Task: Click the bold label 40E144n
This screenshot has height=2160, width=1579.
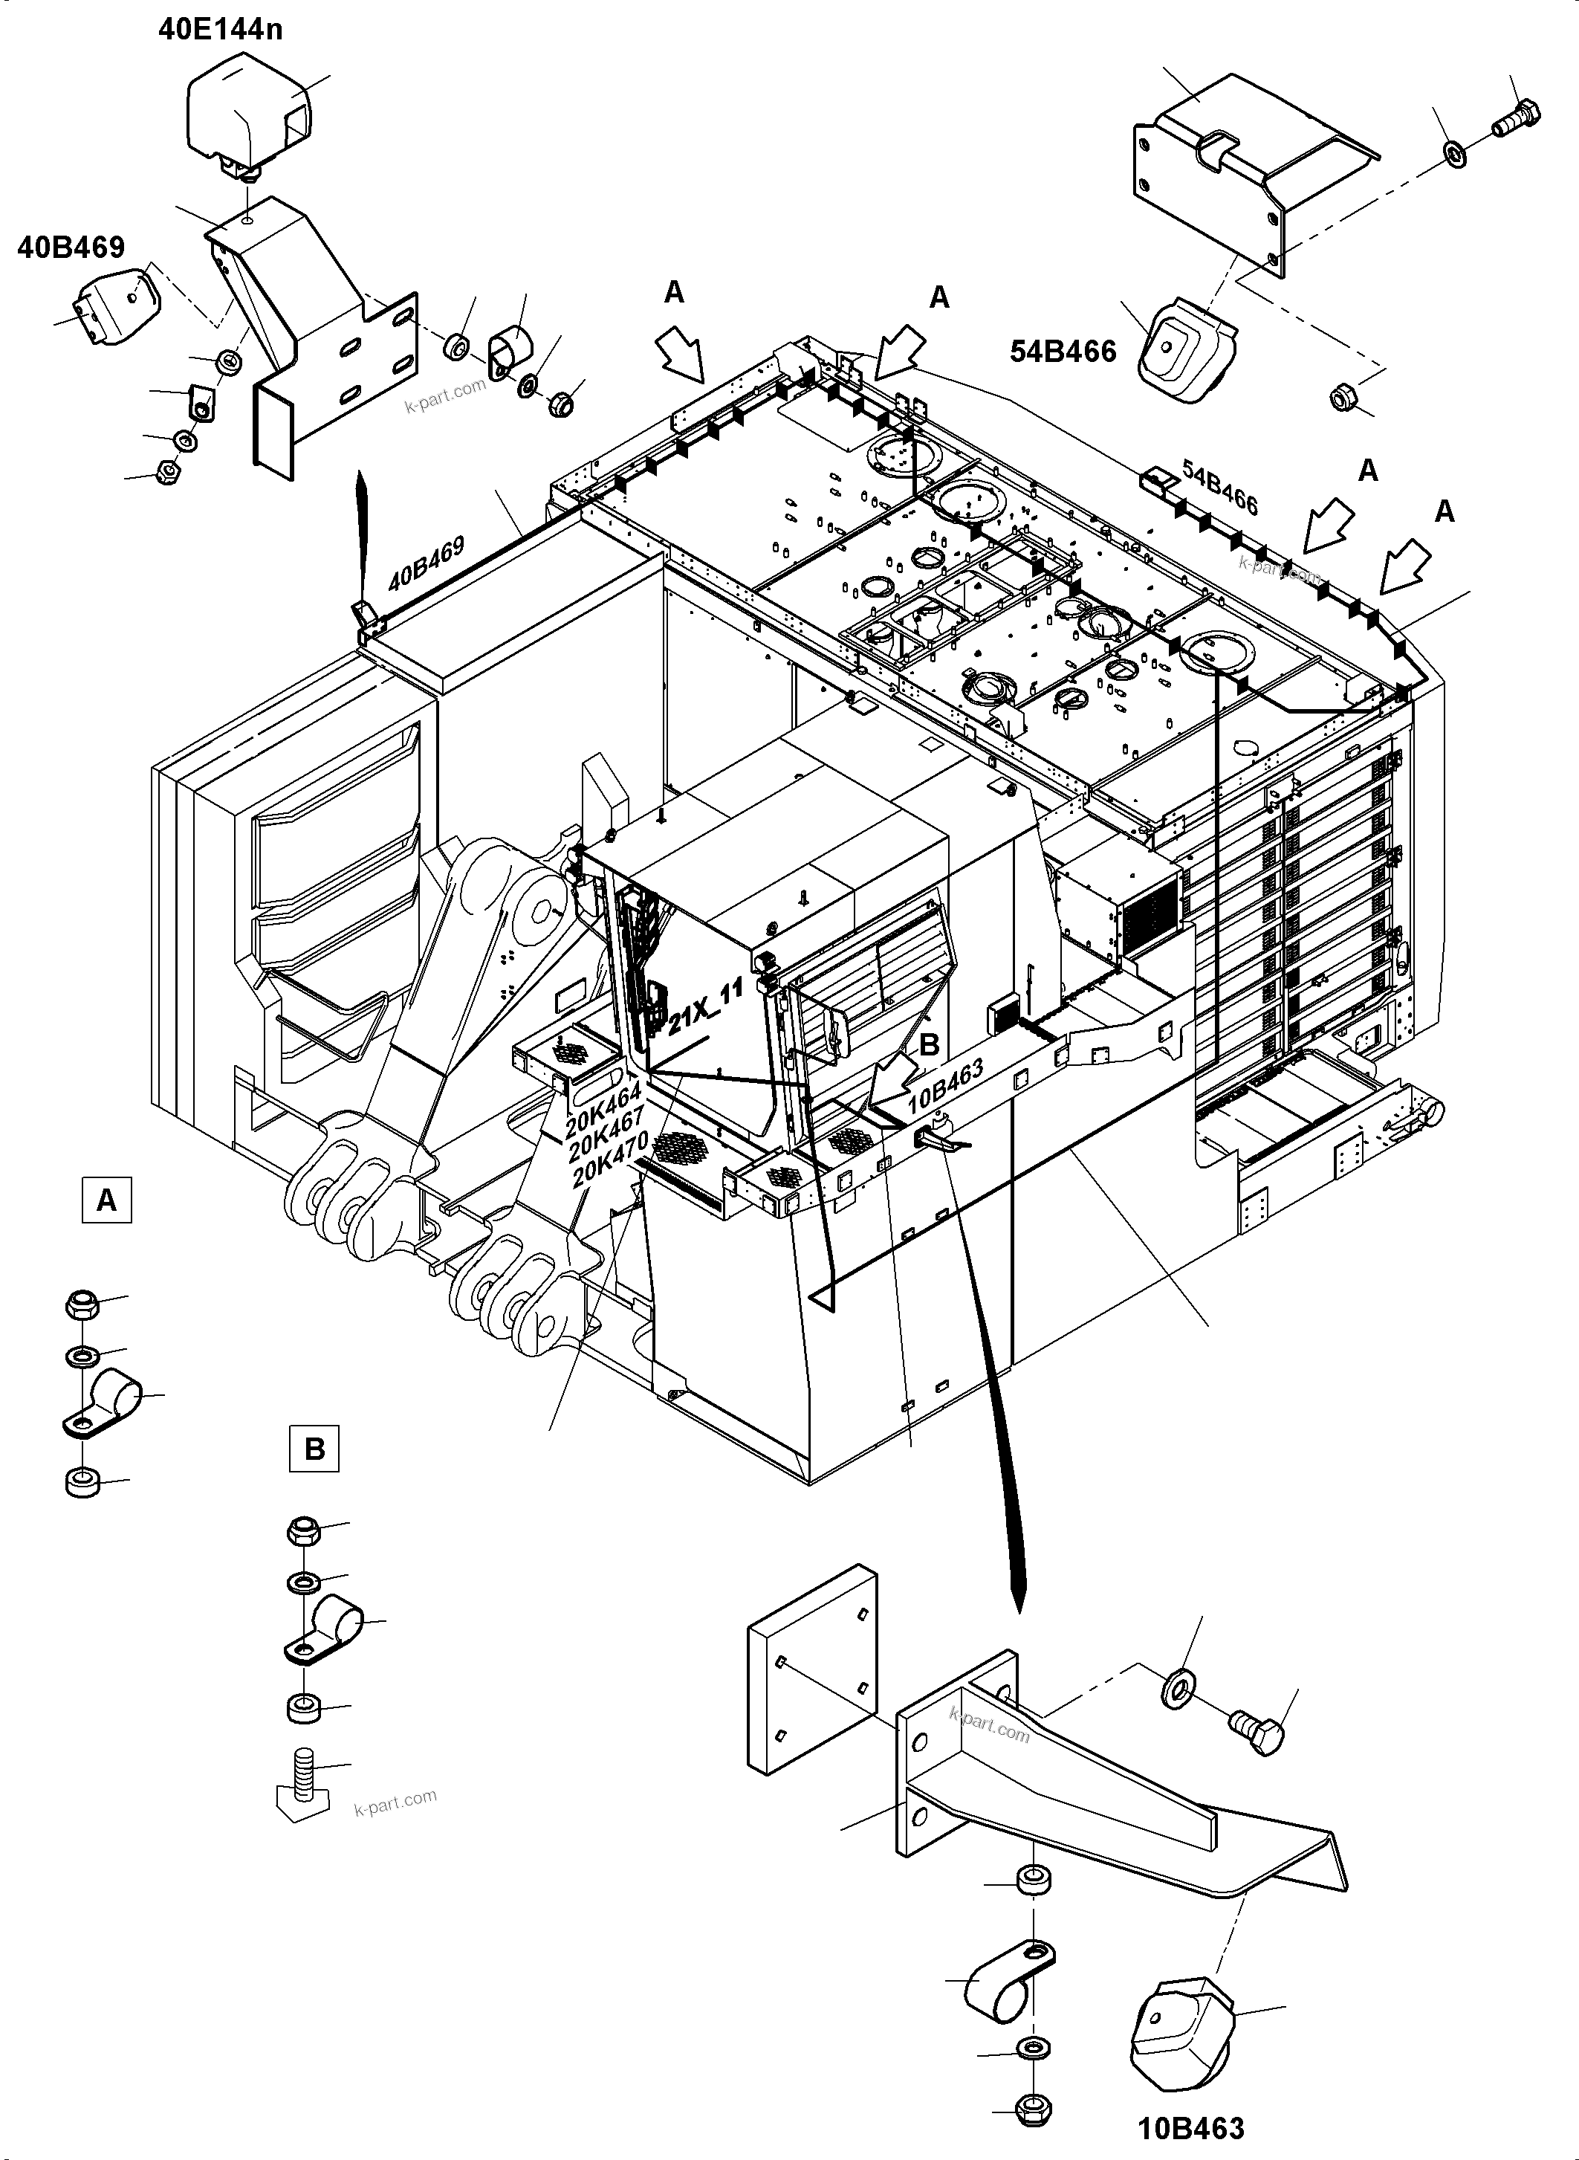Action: pyautogui.click(x=220, y=30)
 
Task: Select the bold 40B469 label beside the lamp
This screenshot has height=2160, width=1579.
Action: pyautogui.click(x=71, y=248)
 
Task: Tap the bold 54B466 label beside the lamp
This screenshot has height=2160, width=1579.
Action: pyautogui.click(x=1063, y=352)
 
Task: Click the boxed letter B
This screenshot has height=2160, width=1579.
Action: pyautogui.click(x=314, y=1449)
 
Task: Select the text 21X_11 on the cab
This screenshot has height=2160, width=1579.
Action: pyautogui.click(x=705, y=1008)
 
